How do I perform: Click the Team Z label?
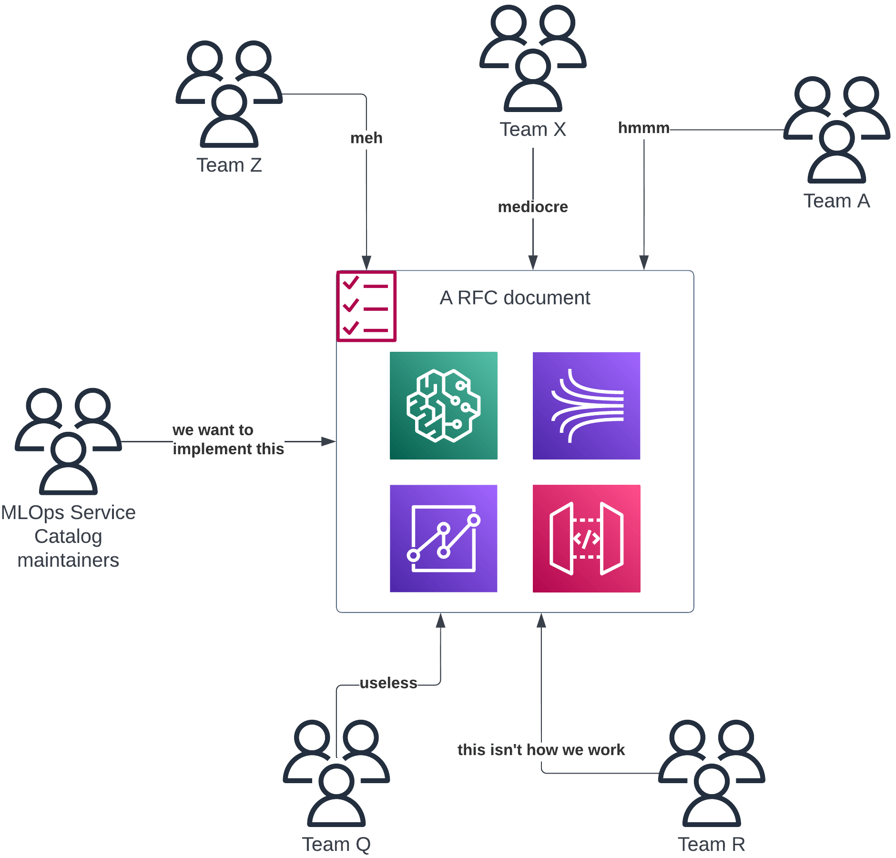(229, 165)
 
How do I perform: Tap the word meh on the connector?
(366, 138)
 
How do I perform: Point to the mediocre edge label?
(532, 207)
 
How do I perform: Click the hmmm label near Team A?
(643, 128)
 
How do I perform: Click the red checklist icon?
(366, 306)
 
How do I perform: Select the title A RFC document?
(515, 297)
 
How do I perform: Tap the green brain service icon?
(443, 406)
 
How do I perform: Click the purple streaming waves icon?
(586, 406)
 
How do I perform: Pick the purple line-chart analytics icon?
(443, 539)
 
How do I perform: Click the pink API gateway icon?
(586, 539)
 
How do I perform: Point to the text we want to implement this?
(228, 439)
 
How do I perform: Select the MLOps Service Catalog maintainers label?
(68, 536)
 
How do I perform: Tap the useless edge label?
(388, 683)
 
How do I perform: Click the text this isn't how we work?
(541, 749)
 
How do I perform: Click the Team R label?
(711, 844)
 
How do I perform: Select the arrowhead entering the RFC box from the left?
(328, 442)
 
